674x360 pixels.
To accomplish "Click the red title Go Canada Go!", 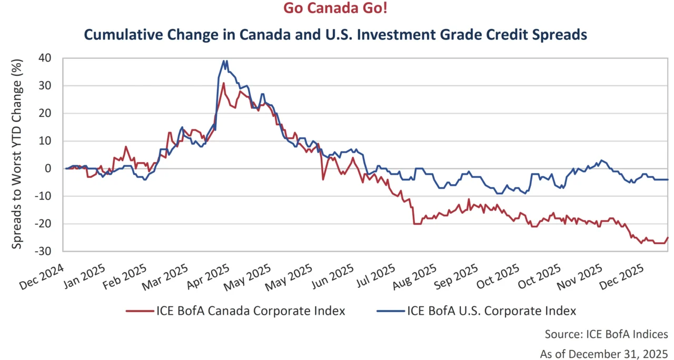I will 338,9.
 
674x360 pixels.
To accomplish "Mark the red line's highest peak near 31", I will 223,83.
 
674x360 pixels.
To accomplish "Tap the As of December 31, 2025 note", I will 603,353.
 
